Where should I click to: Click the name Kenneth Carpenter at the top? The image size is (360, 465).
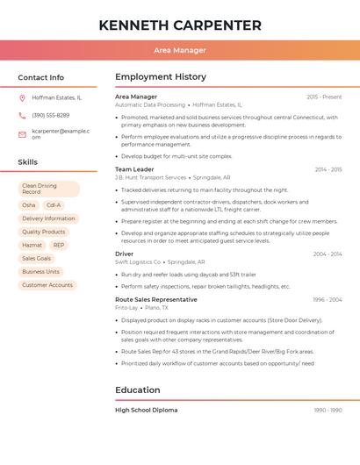pos(180,25)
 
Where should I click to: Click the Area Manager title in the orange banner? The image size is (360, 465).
pos(180,50)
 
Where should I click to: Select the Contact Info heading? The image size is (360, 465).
pos(40,77)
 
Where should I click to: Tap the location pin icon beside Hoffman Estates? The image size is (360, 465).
pos(22,97)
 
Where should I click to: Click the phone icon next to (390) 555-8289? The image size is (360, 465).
pos(22,115)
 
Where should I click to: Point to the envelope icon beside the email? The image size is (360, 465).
pos(22,134)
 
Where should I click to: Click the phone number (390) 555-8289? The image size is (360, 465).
pos(51,115)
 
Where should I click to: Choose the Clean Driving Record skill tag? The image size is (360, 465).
pos(48,189)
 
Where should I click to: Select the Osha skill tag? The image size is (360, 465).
pos(29,204)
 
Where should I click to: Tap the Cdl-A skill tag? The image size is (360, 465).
pos(54,204)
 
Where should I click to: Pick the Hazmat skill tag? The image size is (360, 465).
pos(32,245)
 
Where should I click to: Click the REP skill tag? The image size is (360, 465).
pos(59,245)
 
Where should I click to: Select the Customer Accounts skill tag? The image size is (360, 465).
pos(47,285)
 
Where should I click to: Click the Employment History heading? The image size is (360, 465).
pos(160,77)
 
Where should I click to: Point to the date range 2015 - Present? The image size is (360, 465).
pos(324,97)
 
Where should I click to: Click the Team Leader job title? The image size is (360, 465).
pos(134,168)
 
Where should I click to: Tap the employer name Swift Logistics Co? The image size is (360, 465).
pos(138,261)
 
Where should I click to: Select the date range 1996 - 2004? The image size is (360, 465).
pos(328,299)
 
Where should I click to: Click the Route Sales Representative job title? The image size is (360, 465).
pos(156,299)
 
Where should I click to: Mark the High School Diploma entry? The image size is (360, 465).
pos(146,410)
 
